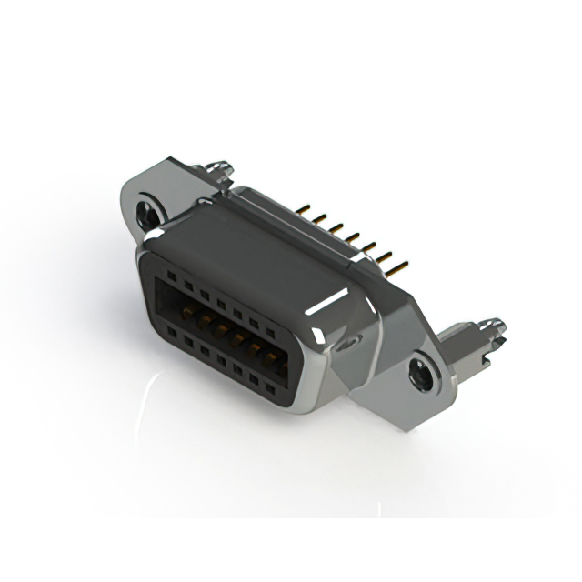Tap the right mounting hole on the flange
pyautogui.click(x=421, y=373)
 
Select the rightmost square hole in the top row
pyautogui.click(x=271, y=331)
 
